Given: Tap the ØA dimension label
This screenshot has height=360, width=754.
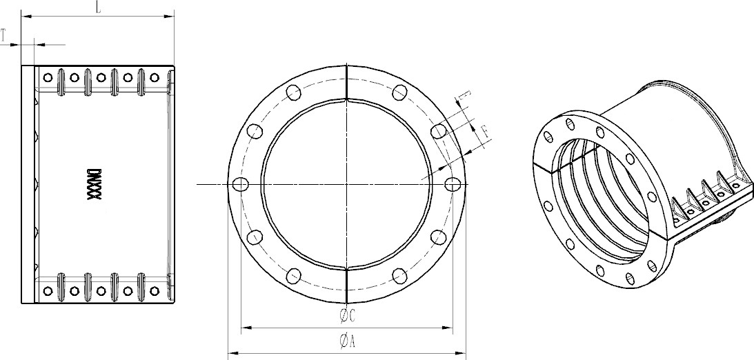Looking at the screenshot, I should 346,340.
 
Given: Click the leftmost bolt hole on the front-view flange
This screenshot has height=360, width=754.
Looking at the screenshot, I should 241,184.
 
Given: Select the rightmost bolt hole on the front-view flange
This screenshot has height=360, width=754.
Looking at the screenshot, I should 452,184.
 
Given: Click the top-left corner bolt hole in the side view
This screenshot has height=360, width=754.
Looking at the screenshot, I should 48,77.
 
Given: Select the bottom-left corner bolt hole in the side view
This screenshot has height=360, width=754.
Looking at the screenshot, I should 48,291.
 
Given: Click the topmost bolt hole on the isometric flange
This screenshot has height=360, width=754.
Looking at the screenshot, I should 570,123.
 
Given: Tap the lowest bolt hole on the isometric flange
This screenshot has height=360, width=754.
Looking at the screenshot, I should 629,278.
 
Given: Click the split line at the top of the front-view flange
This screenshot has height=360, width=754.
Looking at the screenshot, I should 346,82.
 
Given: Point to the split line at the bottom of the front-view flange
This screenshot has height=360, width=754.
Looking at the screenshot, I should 346,286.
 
